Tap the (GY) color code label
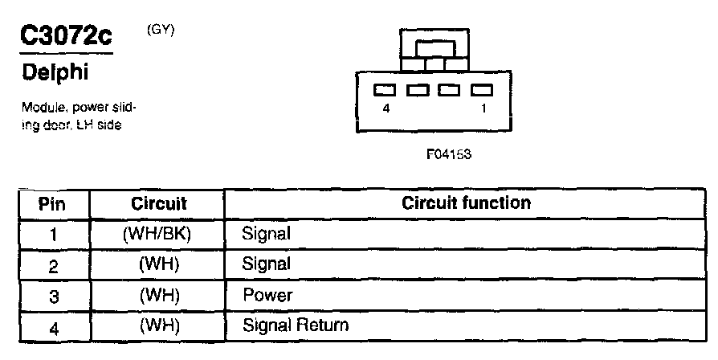[161, 30]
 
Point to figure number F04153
[449, 156]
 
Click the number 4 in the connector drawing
[386, 108]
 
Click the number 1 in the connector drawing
[483, 108]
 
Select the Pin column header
[52, 203]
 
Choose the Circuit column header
[158, 203]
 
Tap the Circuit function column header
[466, 203]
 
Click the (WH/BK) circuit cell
[158, 234]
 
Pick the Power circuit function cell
[268, 295]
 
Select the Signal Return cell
[296, 325]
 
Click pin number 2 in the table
[54, 264]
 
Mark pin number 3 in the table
[54, 295]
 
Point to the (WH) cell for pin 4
[158, 325]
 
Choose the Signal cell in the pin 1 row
[266, 234]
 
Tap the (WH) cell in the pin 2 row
[158, 264]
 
